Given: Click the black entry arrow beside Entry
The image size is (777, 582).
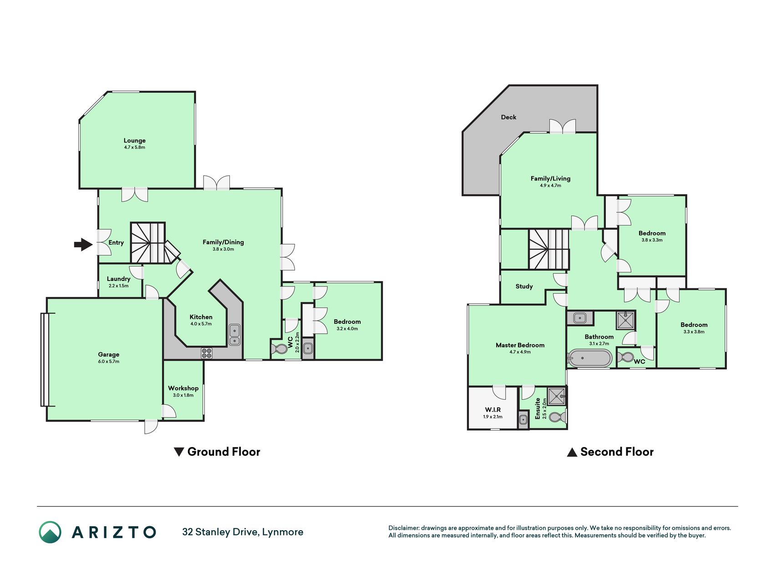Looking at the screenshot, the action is click(x=83, y=245).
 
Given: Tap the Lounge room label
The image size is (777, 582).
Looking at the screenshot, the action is click(x=135, y=140).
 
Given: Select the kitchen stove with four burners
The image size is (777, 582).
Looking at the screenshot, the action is click(x=207, y=353).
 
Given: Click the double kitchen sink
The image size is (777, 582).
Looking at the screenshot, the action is click(x=234, y=335).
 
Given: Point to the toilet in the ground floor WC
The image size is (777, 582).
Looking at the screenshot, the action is click(x=279, y=349).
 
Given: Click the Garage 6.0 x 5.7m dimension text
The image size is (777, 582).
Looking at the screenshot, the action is click(x=109, y=361).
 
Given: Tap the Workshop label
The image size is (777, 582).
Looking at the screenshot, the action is click(x=183, y=388).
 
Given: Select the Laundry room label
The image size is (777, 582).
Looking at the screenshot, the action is click(x=118, y=279).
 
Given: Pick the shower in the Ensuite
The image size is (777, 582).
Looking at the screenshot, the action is click(x=557, y=396).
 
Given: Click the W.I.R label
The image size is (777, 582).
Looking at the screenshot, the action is click(x=493, y=410).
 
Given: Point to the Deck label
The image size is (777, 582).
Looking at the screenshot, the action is click(x=508, y=117).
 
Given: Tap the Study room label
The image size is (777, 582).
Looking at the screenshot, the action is click(x=524, y=286).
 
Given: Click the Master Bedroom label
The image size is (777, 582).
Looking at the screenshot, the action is click(x=520, y=345).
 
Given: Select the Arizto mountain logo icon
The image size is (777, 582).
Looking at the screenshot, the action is click(x=50, y=532).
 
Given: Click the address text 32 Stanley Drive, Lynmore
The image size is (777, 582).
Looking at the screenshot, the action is click(x=243, y=532).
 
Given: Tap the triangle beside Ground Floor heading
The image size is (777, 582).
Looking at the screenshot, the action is click(x=179, y=452).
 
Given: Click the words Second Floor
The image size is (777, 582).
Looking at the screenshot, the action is click(x=617, y=452).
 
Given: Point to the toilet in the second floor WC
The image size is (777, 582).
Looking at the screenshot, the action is click(x=626, y=356).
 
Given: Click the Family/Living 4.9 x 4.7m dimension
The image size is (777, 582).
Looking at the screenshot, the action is click(x=551, y=186).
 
